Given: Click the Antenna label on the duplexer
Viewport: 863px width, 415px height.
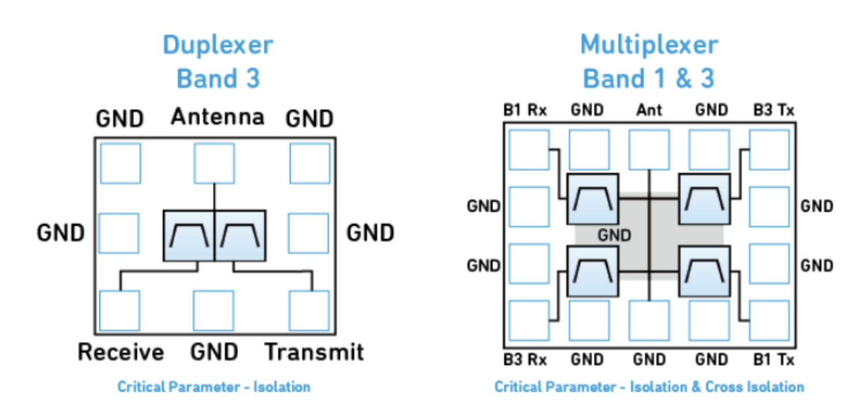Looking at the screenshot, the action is click(x=217, y=116).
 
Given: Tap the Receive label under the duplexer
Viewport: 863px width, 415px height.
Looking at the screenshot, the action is click(x=121, y=352).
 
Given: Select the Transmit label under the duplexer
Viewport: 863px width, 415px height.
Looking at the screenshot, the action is click(x=314, y=352).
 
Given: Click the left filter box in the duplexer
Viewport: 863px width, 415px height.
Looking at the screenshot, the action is click(x=189, y=236).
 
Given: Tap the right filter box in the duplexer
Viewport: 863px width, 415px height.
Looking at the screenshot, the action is click(x=240, y=236).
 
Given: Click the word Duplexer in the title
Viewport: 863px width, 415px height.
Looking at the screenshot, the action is click(x=218, y=46).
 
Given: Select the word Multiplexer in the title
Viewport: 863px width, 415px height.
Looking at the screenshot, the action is click(x=649, y=44).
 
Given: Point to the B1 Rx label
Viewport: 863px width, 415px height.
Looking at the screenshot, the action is click(x=525, y=110).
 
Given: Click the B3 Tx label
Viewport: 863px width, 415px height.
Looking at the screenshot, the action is click(x=774, y=110).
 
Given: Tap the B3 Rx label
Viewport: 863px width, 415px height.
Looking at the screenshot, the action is click(x=525, y=360).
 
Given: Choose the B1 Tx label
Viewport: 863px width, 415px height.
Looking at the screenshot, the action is click(x=774, y=360).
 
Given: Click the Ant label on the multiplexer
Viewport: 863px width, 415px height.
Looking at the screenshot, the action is click(x=649, y=110).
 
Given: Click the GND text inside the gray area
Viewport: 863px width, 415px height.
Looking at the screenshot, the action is click(x=614, y=235).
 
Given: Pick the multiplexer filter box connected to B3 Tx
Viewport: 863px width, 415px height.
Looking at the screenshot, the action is click(x=705, y=199).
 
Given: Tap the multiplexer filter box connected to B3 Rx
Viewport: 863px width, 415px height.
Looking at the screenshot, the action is click(x=593, y=271).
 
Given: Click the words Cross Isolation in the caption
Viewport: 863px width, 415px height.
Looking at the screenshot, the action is click(x=755, y=387).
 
